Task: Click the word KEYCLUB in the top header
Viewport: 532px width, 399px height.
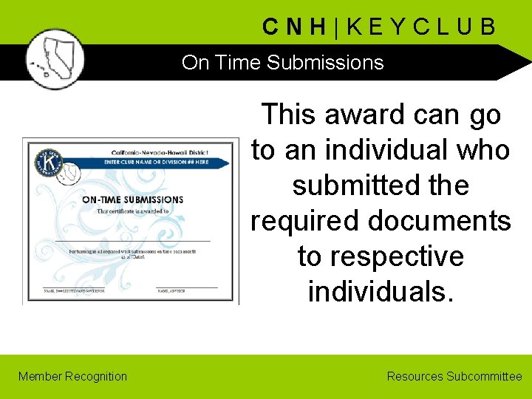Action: click(x=421, y=27)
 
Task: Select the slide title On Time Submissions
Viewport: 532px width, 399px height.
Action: click(x=282, y=63)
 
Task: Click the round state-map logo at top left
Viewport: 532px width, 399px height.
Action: click(x=54, y=59)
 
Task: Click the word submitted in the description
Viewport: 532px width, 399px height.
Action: click(x=350, y=185)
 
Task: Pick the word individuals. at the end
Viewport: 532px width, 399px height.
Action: click(x=381, y=292)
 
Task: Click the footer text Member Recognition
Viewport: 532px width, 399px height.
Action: click(x=72, y=376)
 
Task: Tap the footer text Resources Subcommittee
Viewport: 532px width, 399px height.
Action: click(x=454, y=376)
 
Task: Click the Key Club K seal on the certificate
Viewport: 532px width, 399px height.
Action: click(x=49, y=162)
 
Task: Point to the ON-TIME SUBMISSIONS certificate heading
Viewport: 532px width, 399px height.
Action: click(x=132, y=199)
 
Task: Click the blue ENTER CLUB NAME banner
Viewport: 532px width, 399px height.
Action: click(x=159, y=161)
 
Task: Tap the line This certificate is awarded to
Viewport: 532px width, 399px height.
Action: click(x=133, y=211)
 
